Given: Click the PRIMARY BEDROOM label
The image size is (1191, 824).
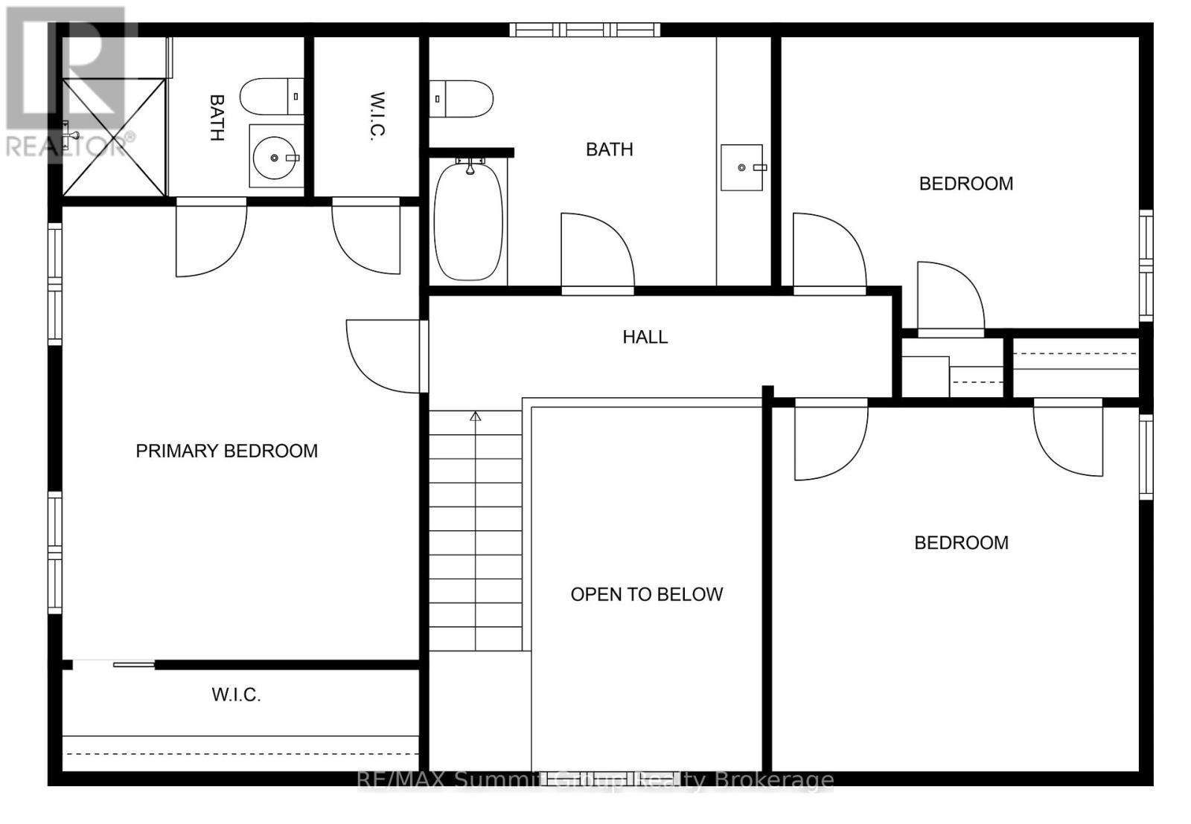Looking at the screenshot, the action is click(x=226, y=451).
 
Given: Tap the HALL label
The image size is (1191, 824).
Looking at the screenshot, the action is click(x=645, y=337).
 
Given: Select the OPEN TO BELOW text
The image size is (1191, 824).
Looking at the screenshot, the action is click(x=647, y=594).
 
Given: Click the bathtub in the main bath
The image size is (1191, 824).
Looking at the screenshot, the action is click(x=468, y=222).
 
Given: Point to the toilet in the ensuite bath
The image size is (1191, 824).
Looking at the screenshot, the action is click(x=271, y=96).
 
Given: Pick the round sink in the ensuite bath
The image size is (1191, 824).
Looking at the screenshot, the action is click(x=275, y=158).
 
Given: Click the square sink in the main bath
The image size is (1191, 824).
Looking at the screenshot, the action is click(x=741, y=167).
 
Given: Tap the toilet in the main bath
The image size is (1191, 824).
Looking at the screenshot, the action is click(x=461, y=99).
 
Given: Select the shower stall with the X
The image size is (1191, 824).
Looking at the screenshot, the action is click(x=114, y=137).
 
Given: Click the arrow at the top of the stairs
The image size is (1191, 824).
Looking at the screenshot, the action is click(x=476, y=416).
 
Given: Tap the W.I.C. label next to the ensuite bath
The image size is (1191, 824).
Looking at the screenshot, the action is click(x=377, y=116).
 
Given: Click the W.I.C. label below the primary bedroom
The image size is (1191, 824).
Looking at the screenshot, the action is click(x=236, y=695).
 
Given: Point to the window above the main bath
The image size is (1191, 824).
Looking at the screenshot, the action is click(x=584, y=30).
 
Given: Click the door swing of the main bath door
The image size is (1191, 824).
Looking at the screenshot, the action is click(x=598, y=250).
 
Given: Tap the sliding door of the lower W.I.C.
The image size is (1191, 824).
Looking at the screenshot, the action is click(x=134, y=664).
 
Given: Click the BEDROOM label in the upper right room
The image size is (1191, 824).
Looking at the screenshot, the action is click(x=966, y=184).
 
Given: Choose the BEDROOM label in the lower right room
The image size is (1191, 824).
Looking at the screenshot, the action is click(x=961, y=543).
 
